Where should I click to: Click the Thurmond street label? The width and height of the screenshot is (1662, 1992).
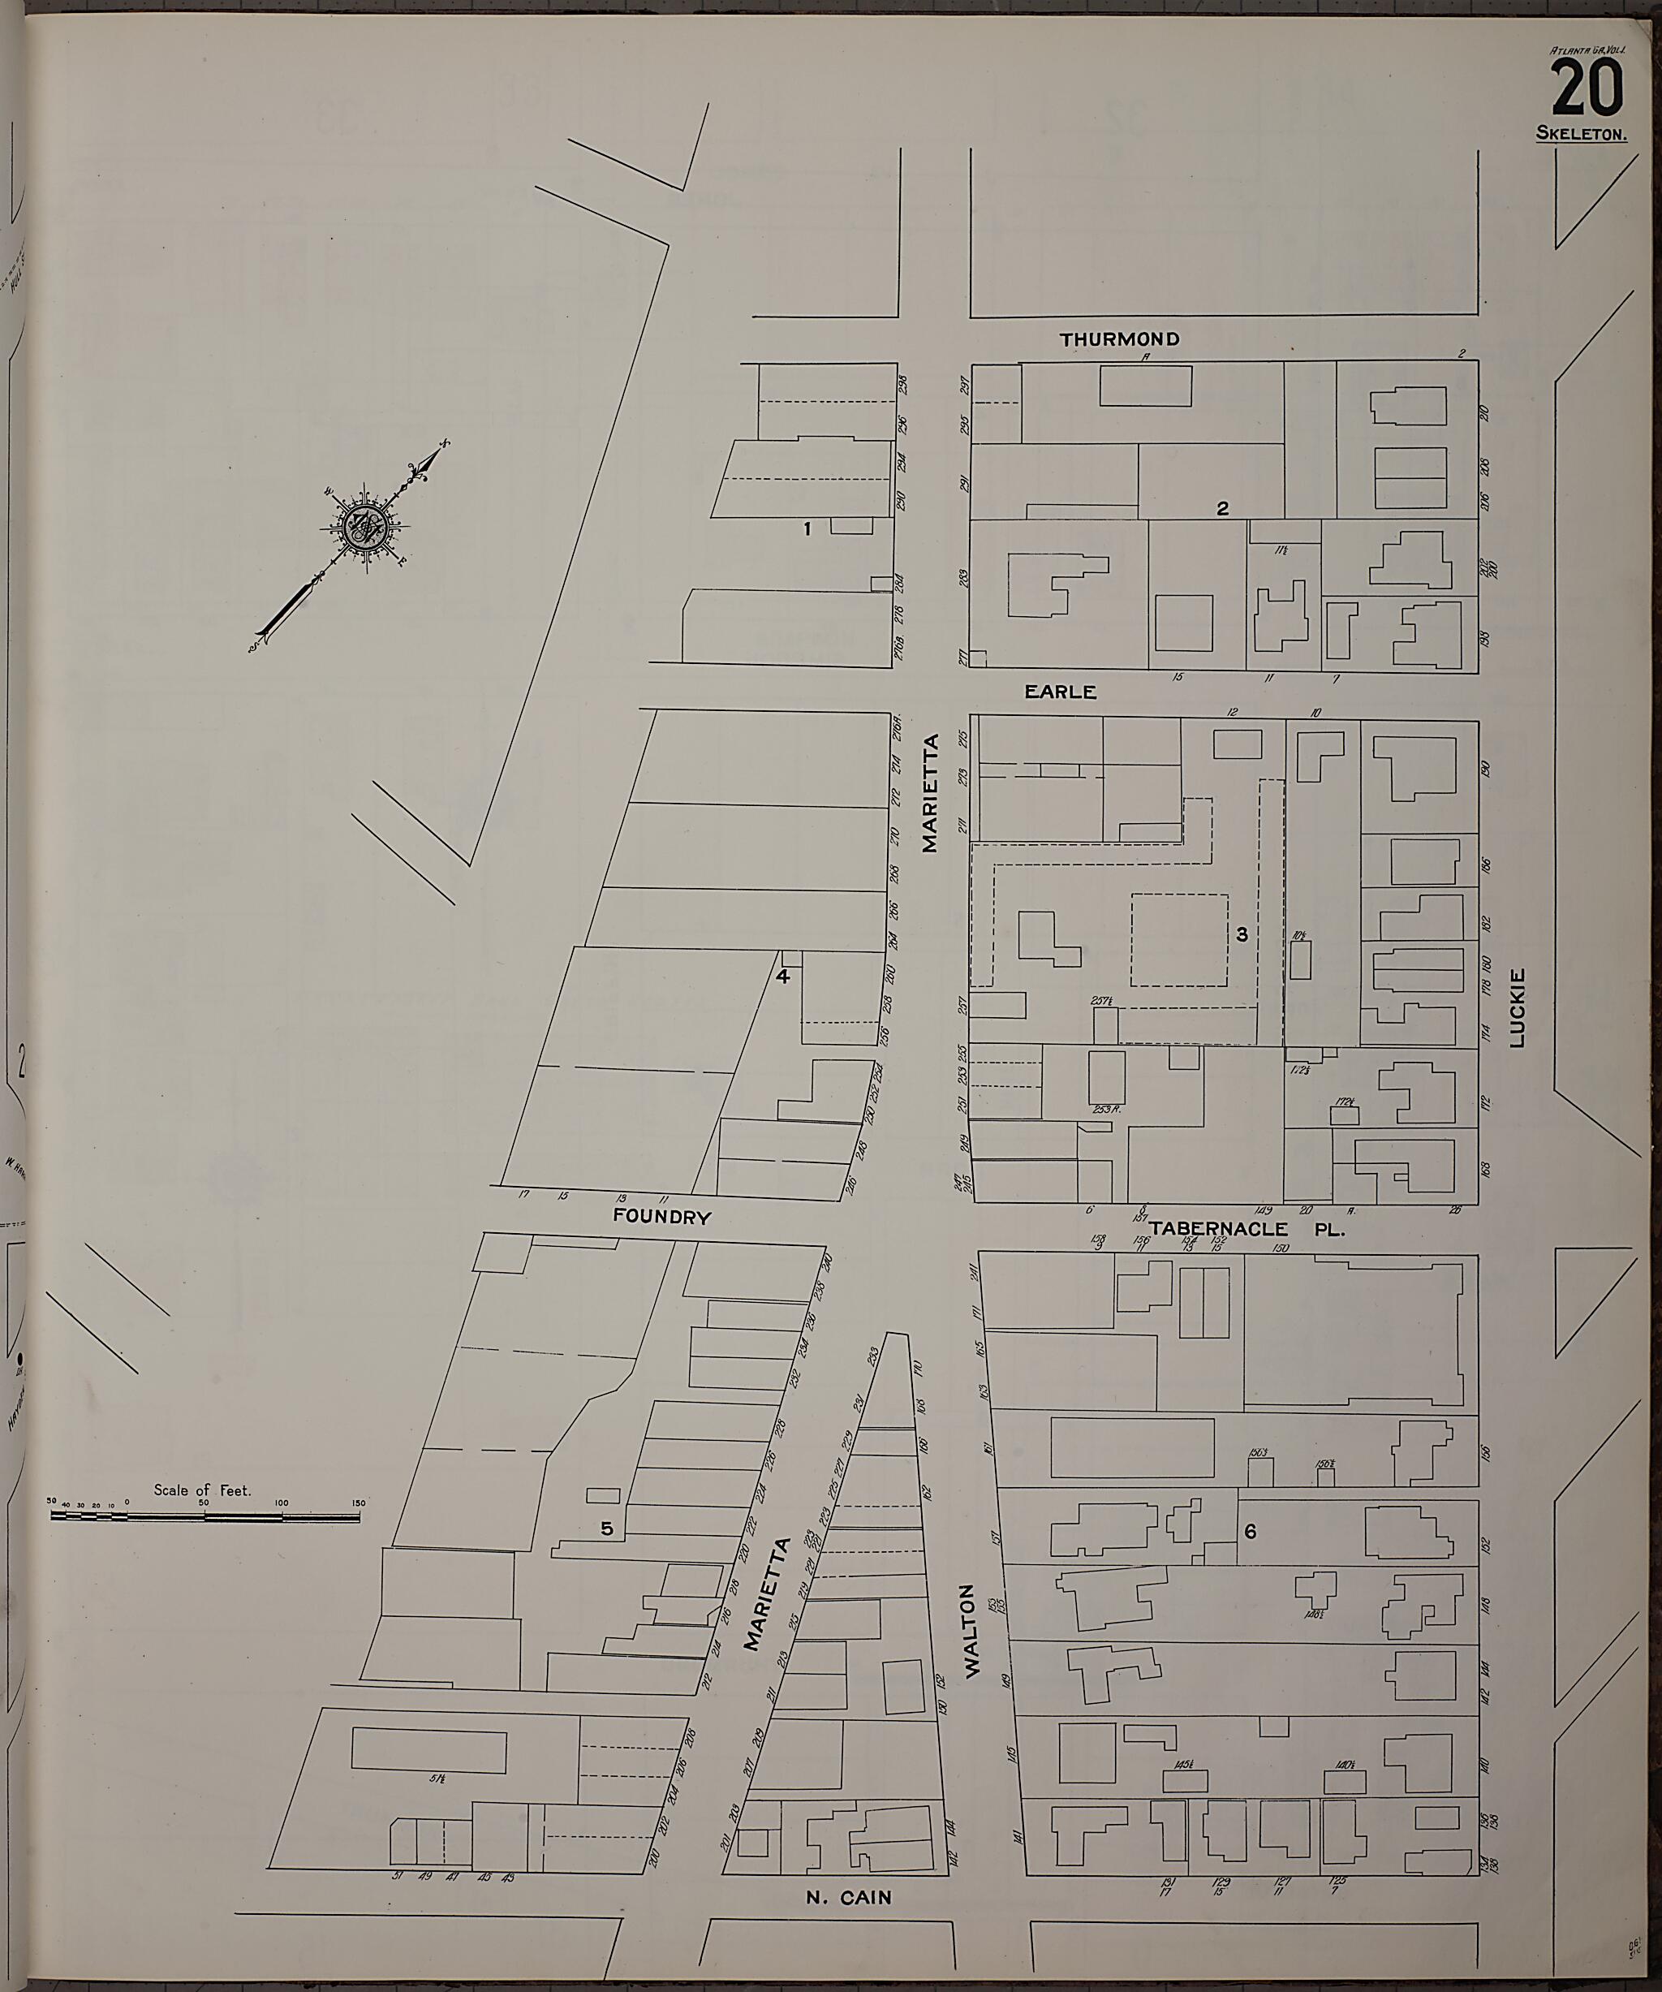[x=1120, y=338]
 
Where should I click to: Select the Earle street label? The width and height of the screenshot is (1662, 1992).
[x=1060, y=692]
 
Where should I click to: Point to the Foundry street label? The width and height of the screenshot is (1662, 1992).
[x=661, y=1217]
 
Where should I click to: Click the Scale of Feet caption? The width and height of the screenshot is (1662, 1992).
[x=202, y=1490]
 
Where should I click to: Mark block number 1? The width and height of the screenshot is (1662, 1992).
[x=807, y=529]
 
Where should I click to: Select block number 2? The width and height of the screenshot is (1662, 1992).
[x=1223, y=508]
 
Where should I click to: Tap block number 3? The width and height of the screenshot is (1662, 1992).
[x=1242, y=934]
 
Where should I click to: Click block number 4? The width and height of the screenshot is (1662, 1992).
[x=783, y=976]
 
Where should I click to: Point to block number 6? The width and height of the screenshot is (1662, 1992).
[x=1251, y=1530]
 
